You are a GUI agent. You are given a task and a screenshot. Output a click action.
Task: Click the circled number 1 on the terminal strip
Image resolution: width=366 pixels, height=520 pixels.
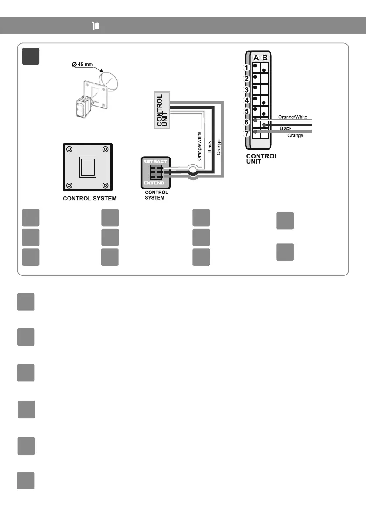(x=246, y=68)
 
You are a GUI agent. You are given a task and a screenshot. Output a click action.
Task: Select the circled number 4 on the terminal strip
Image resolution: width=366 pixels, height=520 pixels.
(x=246, y=100)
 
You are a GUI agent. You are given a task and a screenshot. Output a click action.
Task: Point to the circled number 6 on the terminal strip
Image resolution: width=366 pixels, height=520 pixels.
(x=246, y=122)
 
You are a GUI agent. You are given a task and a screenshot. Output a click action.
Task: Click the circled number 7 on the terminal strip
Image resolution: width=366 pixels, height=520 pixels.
(x=246, y=133)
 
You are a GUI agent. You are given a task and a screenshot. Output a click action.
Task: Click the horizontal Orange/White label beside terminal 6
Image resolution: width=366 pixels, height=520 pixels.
(x=292, y=117)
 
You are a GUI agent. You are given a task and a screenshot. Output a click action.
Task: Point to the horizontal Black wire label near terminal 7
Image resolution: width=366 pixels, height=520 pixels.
(x=286, y=128)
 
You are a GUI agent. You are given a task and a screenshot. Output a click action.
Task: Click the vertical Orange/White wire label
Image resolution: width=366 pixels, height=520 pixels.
(x=200, y=146)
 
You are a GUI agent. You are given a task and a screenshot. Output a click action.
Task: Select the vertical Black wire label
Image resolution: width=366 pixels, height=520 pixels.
(x=209, y=149)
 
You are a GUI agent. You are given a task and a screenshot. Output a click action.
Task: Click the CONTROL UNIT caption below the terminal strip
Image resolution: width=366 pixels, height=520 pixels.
(x=262, y=158)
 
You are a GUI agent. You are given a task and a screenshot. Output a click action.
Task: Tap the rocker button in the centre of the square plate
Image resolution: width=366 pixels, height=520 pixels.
(x=86, y=167)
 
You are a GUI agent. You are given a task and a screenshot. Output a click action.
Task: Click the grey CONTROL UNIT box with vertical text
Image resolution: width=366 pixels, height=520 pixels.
(x=162, y=110)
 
